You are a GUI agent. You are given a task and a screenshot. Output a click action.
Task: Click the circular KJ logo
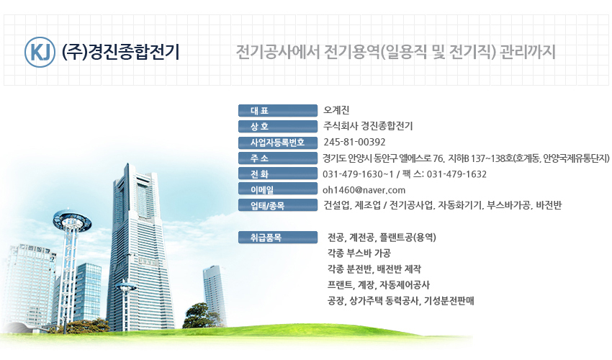coord(40,52)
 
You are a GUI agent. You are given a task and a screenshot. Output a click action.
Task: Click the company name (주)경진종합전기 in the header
coord(121,52)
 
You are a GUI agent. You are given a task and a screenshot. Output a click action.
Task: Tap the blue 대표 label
coord(278,110)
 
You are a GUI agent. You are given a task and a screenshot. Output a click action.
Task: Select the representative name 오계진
coord(336,110)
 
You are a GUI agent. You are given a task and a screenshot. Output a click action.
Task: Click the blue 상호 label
coord(278,126)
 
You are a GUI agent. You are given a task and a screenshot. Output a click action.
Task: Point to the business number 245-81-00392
coord(354,142)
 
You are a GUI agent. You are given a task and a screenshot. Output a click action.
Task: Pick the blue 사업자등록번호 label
coord(278,143)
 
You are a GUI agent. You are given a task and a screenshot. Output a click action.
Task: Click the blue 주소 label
coord(278,158)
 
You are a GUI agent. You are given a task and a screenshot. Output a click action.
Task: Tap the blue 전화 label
coord(278,174)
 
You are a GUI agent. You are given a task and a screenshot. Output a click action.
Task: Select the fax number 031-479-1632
coord(456,174)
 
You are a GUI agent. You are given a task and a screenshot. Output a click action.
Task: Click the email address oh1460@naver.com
coord(364,190)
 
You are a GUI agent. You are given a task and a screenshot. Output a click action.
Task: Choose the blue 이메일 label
coord(278,189)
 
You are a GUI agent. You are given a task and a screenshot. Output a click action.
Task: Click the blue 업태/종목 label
coord(278,205)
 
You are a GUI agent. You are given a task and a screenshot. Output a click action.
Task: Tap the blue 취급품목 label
coord(278,238)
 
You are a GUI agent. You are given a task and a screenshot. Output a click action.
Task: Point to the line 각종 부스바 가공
coord(359,253)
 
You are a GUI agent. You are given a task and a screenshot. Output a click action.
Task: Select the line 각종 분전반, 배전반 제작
coord(374,269)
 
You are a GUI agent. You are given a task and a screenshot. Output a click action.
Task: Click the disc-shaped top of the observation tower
coord(73,220)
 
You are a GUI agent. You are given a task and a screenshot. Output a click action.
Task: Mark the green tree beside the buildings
coord(204,315)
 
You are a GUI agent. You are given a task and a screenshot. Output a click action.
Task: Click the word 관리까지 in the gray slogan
coord(527,52)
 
